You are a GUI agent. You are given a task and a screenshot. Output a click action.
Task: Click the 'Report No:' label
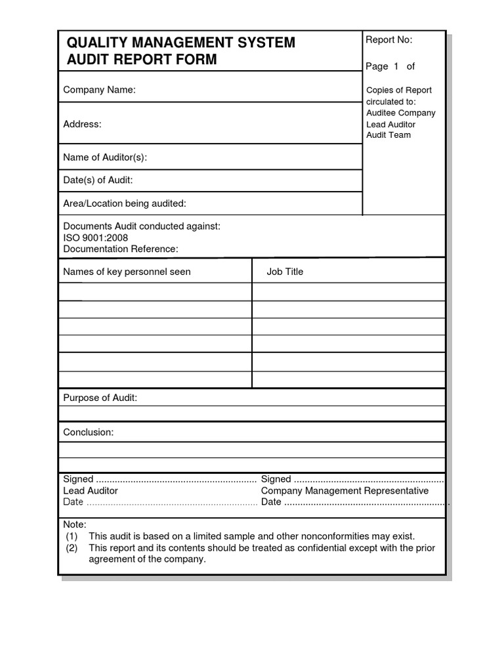pos(388,40)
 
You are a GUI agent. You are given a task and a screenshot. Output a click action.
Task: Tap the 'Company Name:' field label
pos(99,90)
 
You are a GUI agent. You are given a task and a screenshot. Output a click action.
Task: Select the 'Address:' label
pos(82,124)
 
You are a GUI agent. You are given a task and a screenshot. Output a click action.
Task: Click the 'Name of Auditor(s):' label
pos(105,157)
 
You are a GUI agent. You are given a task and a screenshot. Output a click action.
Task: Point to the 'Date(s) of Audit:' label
pos(98,180)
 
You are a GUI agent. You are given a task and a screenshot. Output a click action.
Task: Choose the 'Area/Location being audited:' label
pos(125,203)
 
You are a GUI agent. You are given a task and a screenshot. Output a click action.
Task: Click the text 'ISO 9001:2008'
pos(95,238)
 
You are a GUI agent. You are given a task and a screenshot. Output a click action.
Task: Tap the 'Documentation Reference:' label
pos(120,249)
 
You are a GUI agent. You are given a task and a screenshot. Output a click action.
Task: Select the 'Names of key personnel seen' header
pos(127,272)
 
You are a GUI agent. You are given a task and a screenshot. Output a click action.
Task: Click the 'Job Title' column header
pos(285,272)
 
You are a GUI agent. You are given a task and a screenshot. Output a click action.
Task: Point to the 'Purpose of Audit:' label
pos(100,398)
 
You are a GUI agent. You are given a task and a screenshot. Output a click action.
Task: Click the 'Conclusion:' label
pos(88,432)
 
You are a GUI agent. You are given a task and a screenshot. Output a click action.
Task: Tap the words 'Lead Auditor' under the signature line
pos(91,491)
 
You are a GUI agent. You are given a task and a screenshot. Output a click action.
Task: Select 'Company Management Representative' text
pos(345,491)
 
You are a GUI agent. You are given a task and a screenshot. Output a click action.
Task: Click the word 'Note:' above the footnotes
pos(74,524)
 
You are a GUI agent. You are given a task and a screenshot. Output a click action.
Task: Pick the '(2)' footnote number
pos(72,548)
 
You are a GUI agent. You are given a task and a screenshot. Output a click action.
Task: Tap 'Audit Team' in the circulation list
pos(388,135)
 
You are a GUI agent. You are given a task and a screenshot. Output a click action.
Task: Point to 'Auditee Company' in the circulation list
pos(400,113)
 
